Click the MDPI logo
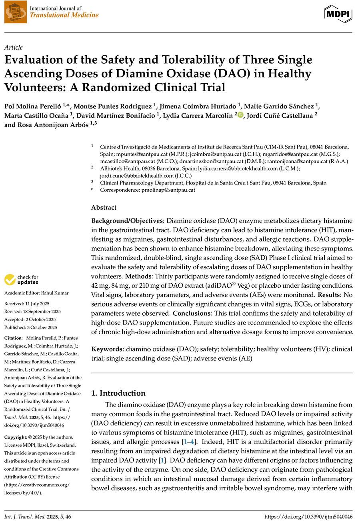coord(338,14)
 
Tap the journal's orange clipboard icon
coord(15,12)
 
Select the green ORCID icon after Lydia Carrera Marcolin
coord(240,116)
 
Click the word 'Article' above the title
coord(14,47)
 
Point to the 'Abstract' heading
coord(104,207)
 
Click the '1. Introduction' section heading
coord(118,393)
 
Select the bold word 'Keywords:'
coord(108,349)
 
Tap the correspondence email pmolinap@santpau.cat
coord(170,190)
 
